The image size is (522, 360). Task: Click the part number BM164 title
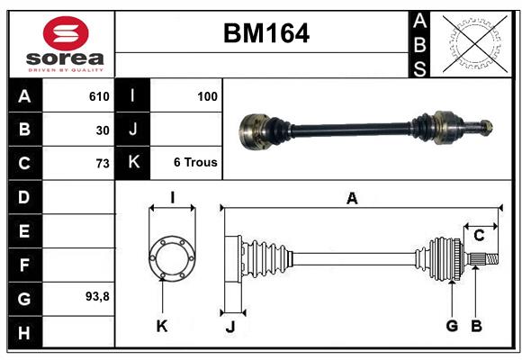pos(265,33)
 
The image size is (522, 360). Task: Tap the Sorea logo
pos(66,43)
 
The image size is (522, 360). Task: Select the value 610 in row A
pos(99,96)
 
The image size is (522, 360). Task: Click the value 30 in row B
pos(103,130)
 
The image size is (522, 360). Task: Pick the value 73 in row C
pos(103,163)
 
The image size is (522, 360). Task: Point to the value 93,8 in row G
pos(97,296)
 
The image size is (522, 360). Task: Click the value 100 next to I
pos(207,96)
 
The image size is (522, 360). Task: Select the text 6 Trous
pos(195,163)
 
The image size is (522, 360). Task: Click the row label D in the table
pos(24,197)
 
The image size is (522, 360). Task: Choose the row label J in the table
pos(133,130)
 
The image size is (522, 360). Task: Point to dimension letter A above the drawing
pos(352,199)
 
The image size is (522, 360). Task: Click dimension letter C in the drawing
pos(480,236)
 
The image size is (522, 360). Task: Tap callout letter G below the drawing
pos(452,326)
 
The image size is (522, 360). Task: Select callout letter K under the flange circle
pos(162,326)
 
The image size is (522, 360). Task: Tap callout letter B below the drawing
pos(477,326)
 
